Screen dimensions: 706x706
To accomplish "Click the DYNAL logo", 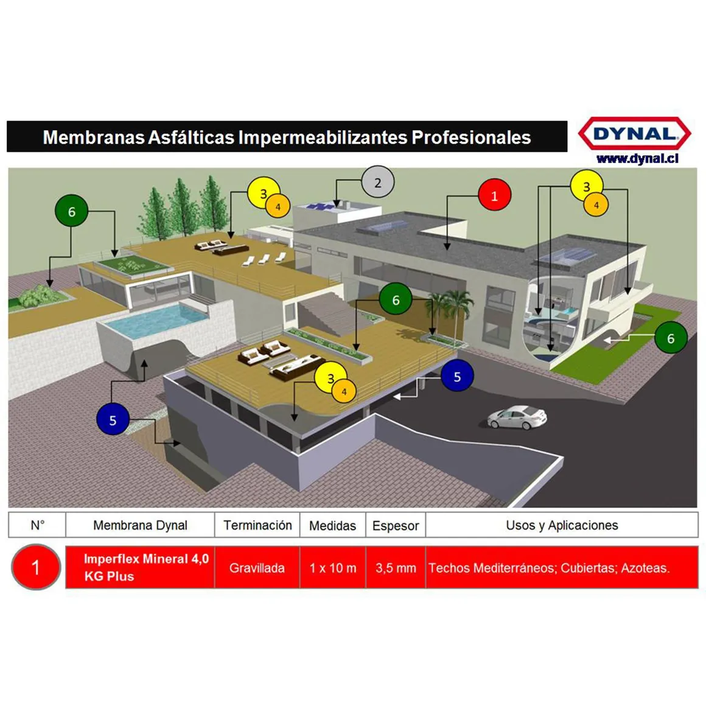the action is point(634,133).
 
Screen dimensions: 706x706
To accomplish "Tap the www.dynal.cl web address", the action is point(637,158).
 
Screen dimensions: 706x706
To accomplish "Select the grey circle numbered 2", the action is point(378,182).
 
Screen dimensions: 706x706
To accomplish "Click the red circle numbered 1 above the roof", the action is point(494,195).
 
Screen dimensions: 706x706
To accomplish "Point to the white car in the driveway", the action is point(517,418).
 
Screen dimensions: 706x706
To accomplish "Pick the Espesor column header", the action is point(396,525).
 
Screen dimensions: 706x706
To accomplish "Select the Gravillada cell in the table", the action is point(257,568).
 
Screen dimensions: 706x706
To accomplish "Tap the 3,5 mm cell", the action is point(396,568).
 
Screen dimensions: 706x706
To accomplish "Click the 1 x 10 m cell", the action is point(333,568).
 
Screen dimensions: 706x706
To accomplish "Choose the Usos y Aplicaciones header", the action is point(562,525).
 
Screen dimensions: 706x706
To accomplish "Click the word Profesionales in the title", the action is point(472,138).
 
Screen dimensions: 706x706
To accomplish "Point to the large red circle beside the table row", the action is point(36,567).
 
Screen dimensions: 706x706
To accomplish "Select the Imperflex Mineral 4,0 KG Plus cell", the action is point(140,568).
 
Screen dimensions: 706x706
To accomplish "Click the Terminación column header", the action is point(257,525).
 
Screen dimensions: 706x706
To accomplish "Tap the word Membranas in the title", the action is point(94,138).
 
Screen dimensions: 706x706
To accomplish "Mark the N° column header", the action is point(37,525).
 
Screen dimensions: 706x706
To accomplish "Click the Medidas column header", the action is point(333,525).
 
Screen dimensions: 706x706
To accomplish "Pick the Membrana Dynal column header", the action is point(140,525).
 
